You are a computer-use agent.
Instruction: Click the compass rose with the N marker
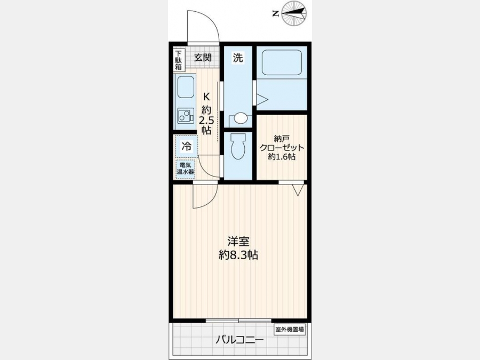coord(293,13)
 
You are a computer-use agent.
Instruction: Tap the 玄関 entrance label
coord(203,57)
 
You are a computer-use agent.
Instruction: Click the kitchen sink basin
coord(186,87)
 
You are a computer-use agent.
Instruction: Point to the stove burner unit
coord(186,116)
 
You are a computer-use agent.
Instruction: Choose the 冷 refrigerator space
coord(187,146)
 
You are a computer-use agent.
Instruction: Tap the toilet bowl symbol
coord(238,146)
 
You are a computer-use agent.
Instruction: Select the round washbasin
coord(241,117)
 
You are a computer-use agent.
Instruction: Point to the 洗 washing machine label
coord(238,57)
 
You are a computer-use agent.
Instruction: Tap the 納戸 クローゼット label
coord(282,143)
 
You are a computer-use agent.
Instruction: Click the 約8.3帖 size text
coord(238,255)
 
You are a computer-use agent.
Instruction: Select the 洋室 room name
coord(238,242)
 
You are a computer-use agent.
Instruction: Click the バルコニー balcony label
coord(239,340)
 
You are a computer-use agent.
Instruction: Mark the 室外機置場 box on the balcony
coord(290,330)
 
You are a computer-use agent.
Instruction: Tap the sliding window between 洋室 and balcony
coord(238,321)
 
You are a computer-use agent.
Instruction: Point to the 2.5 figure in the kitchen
coord(206,120)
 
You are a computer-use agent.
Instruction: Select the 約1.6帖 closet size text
coord(282,157)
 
